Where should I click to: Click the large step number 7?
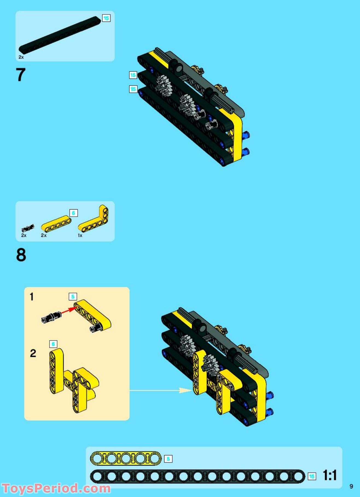[21, 75]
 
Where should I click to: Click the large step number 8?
[21, 255]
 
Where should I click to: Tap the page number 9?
[351, 486]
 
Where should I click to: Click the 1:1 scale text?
[330, 475]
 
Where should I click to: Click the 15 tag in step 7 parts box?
[106, 18]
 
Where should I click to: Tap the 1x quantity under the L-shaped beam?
[80, 235]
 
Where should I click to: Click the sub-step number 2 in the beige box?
[33, 353]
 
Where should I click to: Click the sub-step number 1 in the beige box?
[32, 297]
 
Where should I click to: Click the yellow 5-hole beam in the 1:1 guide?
[126, 459]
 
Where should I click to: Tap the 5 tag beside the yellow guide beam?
[168, 459]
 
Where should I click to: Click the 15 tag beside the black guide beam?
[312, 476]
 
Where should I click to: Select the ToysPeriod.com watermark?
[56, 488]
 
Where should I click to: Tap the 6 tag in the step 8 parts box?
[73, 213]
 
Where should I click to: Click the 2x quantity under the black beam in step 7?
[21, 57]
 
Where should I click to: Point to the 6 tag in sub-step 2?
[53, 344]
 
